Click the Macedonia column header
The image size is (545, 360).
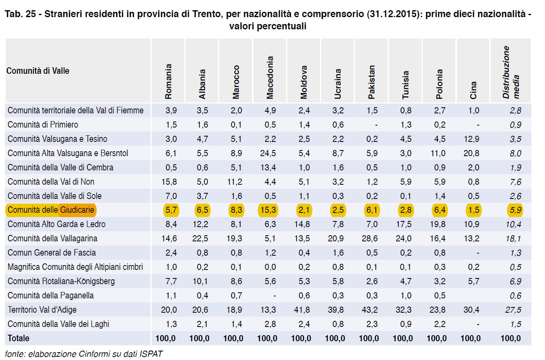click(270, 77)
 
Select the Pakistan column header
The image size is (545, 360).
click(371, 82)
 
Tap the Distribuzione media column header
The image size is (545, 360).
click(511, 72)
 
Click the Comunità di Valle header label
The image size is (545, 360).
click(38, 71)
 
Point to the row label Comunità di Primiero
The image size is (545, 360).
click(43, 125)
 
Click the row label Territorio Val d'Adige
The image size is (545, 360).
click(42, 309)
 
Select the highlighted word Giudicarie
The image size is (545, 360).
click(77, 210)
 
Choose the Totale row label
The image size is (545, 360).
click(18, 338)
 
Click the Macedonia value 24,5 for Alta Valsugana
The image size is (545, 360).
click(268, 153)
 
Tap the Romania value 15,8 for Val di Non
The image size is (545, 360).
click(169, 182)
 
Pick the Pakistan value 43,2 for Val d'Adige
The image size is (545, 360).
click(370, 310)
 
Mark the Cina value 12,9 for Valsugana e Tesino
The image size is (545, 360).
click(471, 139)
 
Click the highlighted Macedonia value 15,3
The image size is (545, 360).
click(268, 210)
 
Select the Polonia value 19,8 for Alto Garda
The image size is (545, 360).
click(437, 224)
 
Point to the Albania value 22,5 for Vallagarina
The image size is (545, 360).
click(200, 239)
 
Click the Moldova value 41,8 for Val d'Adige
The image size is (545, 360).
click(302, 310)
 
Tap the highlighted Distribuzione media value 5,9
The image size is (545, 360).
click(516, 210)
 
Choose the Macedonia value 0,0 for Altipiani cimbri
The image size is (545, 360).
click(270, 267)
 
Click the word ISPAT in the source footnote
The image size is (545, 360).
click(151, 354)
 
